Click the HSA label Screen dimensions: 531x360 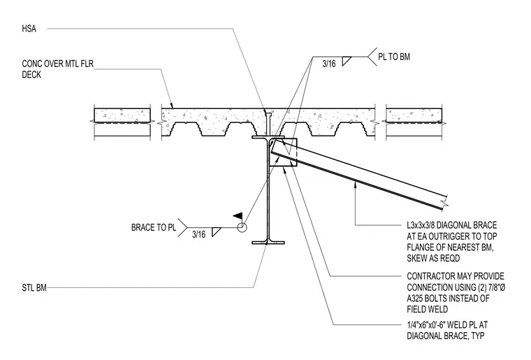coord(29,29)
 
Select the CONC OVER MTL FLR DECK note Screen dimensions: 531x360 coord(57,69)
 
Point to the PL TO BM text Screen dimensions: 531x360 coord(394,57)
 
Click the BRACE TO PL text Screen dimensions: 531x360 coord(154,227)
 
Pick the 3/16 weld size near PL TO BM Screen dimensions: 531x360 coord(329,64)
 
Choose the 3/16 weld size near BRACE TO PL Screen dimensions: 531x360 coord(199,234)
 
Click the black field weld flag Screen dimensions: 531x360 coord(238,215)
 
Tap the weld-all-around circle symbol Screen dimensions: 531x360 coord(242,227)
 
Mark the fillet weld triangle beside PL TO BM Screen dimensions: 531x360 coord(345,62)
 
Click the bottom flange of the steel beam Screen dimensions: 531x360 coord(268,242)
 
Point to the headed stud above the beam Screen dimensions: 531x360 coord(268,124)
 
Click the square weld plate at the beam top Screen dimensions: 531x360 coord(283,152)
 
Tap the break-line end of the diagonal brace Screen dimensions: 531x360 coord(444,201)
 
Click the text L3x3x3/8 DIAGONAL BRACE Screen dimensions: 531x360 coord(452,225)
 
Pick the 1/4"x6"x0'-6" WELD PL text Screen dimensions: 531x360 coord(447,325)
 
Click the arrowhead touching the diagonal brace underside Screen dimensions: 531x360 coord(355,184)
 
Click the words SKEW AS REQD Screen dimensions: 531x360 coord(433,258)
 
